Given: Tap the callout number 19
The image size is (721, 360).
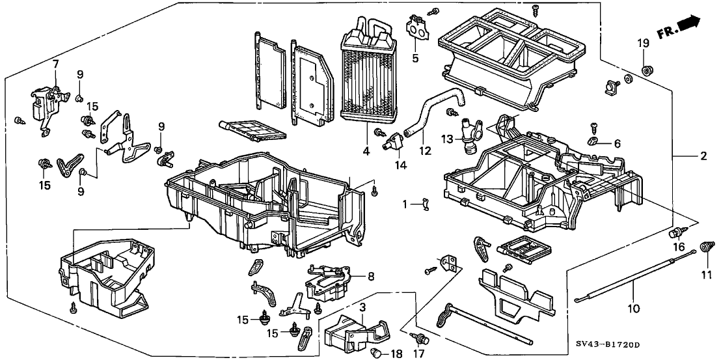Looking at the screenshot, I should pos(643,44).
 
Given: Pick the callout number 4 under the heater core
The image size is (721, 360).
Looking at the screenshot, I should pos(367,152).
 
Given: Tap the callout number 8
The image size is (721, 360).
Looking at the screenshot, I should pos(370,276).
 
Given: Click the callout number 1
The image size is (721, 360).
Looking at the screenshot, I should pos(404,204).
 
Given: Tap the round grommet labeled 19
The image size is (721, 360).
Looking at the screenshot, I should pos(647,69).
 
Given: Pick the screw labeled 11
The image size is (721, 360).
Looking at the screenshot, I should pos(704,247).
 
